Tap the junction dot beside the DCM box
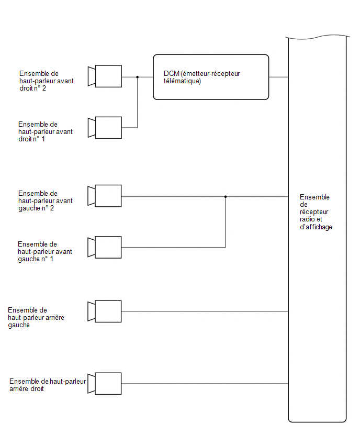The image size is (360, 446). coord(137,77)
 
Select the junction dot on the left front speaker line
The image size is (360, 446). coord(226,196)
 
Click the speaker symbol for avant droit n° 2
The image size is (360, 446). coord(105,76)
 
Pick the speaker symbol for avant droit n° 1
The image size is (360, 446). coord(105,128)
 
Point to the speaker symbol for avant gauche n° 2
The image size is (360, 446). coord(104,196)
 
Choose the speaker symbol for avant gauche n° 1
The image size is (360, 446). coord(104,248)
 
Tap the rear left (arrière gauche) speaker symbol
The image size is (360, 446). coord(104,311)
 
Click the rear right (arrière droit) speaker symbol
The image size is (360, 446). coord(104,384)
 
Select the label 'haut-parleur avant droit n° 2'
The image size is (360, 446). coord(47,84)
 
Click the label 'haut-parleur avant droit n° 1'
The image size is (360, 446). coord(45,136)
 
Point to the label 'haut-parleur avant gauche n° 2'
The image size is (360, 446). coord(45,205)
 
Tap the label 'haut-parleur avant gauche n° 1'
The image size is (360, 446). coord(44,255)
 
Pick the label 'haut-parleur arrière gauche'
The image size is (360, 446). coord(36,321)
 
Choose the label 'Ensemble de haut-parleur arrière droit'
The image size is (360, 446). coord(48,385)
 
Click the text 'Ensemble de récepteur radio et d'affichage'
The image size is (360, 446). coord(316,212)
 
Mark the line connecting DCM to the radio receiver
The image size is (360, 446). coord(278,77)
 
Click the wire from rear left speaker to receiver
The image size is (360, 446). coord(205,311)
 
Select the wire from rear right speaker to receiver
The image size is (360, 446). coord(205,384)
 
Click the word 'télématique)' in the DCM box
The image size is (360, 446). coord(182,81)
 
